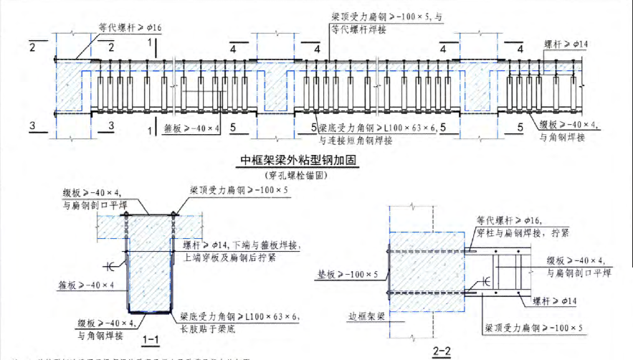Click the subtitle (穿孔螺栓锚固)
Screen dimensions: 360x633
tap(299, 175)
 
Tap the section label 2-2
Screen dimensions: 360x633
tap(442, 351)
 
